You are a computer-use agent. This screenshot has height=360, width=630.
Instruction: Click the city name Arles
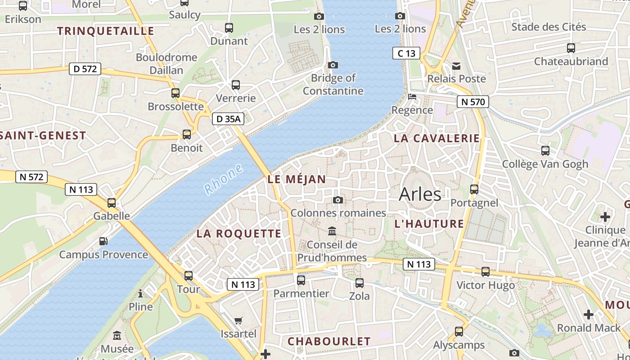coord(420,194)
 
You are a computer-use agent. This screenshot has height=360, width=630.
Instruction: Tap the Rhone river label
coord(223,179)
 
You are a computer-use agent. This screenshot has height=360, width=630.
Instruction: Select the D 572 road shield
coord(85,69)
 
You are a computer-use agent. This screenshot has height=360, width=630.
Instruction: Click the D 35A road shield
coord(228,119)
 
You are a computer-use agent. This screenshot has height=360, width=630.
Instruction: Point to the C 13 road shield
coord(406,53)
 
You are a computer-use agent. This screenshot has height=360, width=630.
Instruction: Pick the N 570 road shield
coord(472,102)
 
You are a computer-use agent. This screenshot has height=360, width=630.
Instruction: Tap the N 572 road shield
coord(31,177)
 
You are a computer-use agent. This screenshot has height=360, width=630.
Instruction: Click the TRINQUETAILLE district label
coord(106,31)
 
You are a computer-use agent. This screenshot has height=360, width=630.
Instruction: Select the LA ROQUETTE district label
coord(239,234)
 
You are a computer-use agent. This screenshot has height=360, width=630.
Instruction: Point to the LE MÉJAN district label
coord(297,179)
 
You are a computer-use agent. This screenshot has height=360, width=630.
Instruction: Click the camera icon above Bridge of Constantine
coord(333,65)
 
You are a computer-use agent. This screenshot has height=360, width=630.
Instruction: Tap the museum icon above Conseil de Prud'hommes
coord(332,231)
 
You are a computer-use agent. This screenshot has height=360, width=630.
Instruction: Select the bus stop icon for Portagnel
coord(474,189)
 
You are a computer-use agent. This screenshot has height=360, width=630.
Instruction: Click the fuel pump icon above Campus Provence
coord(103,241)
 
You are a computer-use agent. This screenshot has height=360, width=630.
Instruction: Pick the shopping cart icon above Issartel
coord(238,320)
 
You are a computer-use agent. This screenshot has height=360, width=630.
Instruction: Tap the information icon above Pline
coord(140,294)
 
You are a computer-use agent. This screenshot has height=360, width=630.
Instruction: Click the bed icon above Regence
coord(412,96)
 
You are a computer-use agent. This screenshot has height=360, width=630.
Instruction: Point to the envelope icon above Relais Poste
coord(456,66)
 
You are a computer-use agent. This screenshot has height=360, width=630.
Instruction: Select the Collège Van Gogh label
coord(545,164)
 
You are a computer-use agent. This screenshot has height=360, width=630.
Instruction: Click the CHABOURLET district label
coord(329,342)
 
